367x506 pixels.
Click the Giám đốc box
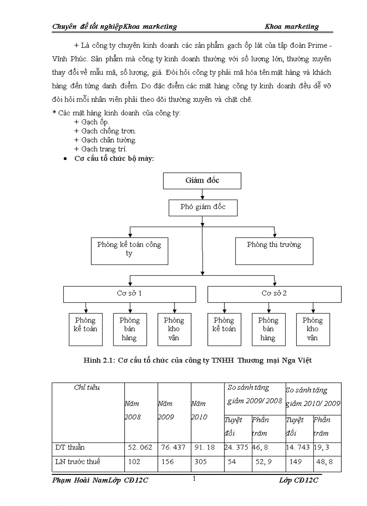pyautogui.click(x=202, y=181)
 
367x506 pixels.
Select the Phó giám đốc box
pyautogui.click(x=203, y=208)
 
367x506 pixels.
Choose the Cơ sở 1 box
pyautogui.click(x=130, y=294)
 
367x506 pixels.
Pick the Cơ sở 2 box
pyautogui.click(x=274, y=294)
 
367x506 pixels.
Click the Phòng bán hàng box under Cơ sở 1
pyautogui.click(x=130, y=329)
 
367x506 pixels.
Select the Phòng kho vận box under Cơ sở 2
pyautogui.click(x=313, y=329)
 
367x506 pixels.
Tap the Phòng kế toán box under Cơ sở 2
pyautogui.click(x=224, y=329)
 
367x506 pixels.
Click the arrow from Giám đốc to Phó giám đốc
pyautogui.click(x=202, y=194)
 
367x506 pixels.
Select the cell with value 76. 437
pyautogui.click(x=174, y=448)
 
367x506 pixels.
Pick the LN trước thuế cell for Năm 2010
pyautogui.click(x=201, y=462)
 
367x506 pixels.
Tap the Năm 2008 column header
pyautogui.click(x=133, y=410)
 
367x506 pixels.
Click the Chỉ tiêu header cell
pyautogui.click(x=87, y=387)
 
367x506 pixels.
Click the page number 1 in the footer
pyautogui.click(x=194, y=479)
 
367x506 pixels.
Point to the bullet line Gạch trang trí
pyautogui.click(x=100, y=149)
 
